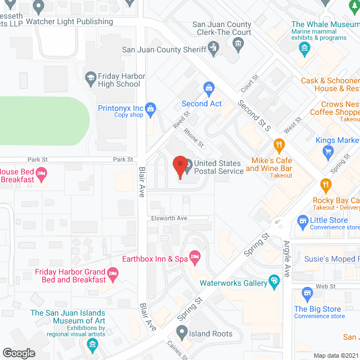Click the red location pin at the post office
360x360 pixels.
coord(180,166)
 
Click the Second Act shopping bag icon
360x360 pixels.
coord(209,88)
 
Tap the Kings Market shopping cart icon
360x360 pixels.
coord(328,150)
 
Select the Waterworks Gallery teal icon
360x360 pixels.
coord(274,281)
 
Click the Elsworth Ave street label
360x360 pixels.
coord(168,218)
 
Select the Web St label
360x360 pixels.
coord(325,286)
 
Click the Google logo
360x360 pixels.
coord(19,353)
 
